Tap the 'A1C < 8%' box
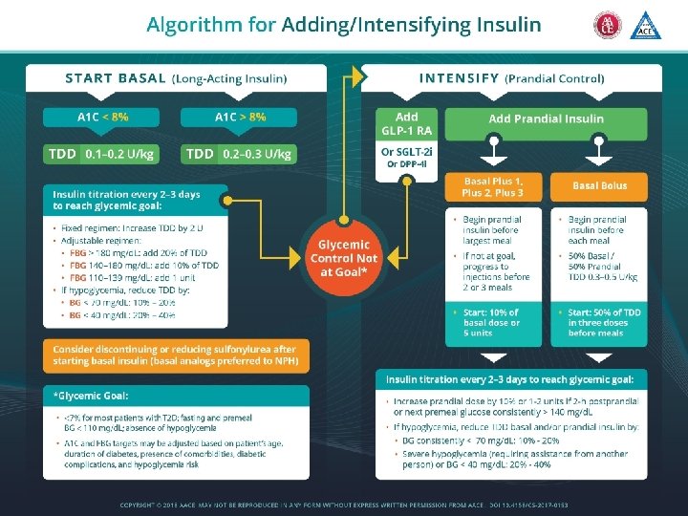pyautogui.click(x=102, y=117)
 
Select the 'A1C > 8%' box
pyautogui.click(x=239, y=117)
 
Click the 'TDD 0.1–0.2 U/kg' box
pyautogui.click(x=102, y=153)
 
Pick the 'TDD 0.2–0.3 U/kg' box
pyautogui.click(x=239, y=153)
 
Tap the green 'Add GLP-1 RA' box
pyautogui.click(x=407, y=124)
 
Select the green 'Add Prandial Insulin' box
pyautogui.click(x=546, y=118)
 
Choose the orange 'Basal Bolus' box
pyautogui.click(x=600, y=185)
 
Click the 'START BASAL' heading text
pyautogui.click(x=115, y=77)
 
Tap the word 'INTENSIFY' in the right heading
pyautogui.click(x=459, y=77)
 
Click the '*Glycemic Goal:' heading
pyautogui.click(x=93, y=396)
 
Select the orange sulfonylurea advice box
pyautogui.click(x=175, y=355)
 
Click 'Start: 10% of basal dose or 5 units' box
pyautogui.click(x=493, y=322)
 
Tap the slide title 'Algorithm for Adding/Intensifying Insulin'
pyautogui.click(x=344, y=25)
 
